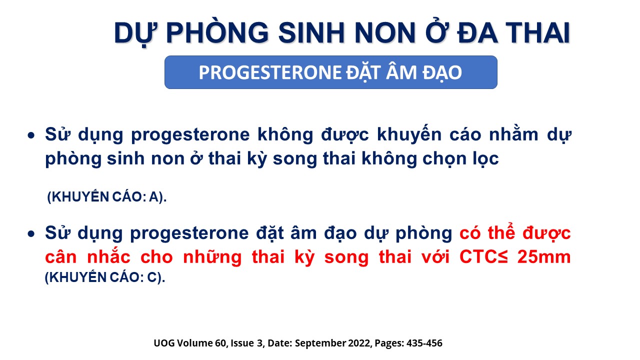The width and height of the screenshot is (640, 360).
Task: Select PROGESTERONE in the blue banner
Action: (x=270, y=72)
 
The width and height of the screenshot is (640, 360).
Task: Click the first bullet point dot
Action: (x=31, y=135)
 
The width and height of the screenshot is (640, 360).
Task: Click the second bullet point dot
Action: (x=31, y=234)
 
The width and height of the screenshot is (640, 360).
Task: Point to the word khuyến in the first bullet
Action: (x=409, y=134)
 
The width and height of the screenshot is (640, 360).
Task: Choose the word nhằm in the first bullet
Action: (x=513, y=134)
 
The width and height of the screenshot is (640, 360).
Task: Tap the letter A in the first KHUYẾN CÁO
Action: (x=154, y=197)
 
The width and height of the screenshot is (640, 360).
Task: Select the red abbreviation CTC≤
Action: (x=483, y=257)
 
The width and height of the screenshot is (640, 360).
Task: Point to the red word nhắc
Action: (x=108, y=256)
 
